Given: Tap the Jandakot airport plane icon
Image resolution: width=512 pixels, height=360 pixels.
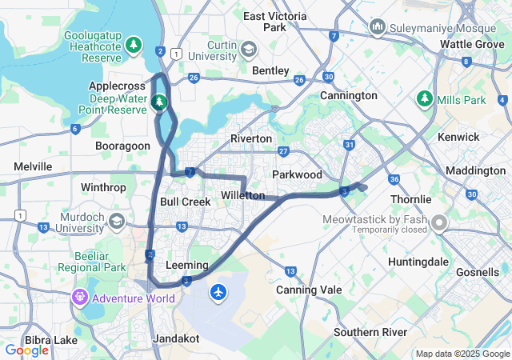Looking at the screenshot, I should [x=218, y=293].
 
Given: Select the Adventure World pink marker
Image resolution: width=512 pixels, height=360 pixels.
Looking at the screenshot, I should [x=79, y=298].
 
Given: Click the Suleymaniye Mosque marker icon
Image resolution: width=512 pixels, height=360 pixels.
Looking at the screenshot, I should [x=378, y=29].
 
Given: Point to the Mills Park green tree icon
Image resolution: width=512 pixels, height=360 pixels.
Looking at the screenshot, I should [x=424, y=100].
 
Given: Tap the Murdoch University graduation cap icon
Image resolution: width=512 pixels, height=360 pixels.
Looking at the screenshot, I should [x=118, y=221].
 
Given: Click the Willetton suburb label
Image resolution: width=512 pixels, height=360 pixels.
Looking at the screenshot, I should [x=242, y=195].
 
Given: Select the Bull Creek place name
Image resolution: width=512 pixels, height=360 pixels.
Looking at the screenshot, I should [x=185, y=202].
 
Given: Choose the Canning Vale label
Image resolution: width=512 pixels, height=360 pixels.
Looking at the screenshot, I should [x=309, y=290].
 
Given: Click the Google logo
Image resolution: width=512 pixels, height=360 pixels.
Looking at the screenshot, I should [x=26, y=350].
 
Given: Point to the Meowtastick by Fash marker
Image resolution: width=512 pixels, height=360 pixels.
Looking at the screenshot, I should [x=438, y=222].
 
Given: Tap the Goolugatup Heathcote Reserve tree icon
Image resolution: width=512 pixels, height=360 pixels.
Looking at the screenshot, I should [x=134, y=44].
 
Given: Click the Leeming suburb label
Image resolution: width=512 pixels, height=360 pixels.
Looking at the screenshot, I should [x=186, y=265].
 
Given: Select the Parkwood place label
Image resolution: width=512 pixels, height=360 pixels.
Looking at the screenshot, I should [x=297, y=174].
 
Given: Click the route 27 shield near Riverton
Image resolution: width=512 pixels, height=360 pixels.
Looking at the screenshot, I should [x=283, y=151].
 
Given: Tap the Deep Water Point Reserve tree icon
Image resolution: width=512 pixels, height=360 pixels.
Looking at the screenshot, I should [x=159, y=102].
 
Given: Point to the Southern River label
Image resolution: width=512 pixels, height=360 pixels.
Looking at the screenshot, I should [x=370, y=332].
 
